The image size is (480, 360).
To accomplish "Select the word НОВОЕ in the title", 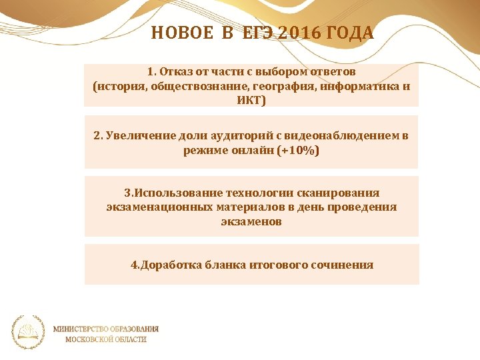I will coord(181,33).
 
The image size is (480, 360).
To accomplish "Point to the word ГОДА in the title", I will coord(349,33).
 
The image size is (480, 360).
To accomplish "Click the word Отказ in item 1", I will coord(179,71).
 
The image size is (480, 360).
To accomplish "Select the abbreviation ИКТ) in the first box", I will coord(251,101).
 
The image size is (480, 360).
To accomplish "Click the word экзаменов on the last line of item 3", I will coord(251,221).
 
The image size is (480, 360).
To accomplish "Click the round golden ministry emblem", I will coord(29,332).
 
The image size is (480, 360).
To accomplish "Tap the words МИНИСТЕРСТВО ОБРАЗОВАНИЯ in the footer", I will coord(106,328).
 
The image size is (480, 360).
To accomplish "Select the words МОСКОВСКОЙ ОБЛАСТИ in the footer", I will coord(106,339).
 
